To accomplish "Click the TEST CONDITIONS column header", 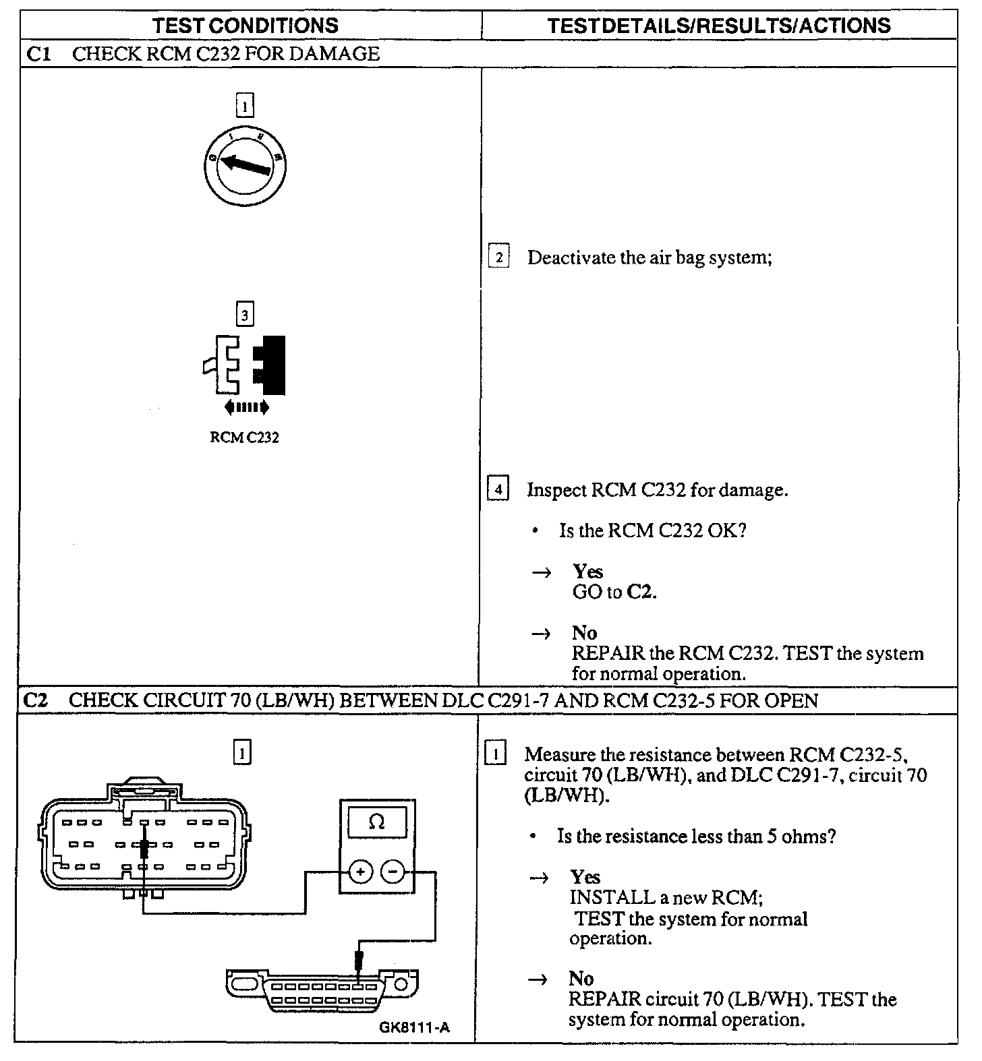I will [x=245, y=26].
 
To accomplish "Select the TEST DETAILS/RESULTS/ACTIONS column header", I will [x=719, y=26].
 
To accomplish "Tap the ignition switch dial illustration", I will [x=245, y=164].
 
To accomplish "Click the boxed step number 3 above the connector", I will [x=245, y=314].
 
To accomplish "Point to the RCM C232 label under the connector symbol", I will [x=244, y=437].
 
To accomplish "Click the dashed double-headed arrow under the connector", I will [x=246, y=406].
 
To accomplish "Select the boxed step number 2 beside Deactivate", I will [x=498, y=257].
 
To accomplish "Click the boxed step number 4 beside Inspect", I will [x=498, y=489].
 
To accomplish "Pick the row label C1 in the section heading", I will [x=38, y=54].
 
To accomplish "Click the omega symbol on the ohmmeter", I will [x=377, y=822].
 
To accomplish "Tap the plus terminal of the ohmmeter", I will [x=361, y=872].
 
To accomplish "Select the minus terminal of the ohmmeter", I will [x=393, y=872].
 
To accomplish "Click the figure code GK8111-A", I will [x=413, y=1028].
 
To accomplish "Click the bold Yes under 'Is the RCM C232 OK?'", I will [x=587, y=572].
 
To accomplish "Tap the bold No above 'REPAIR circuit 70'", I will [x=581, y=979].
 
